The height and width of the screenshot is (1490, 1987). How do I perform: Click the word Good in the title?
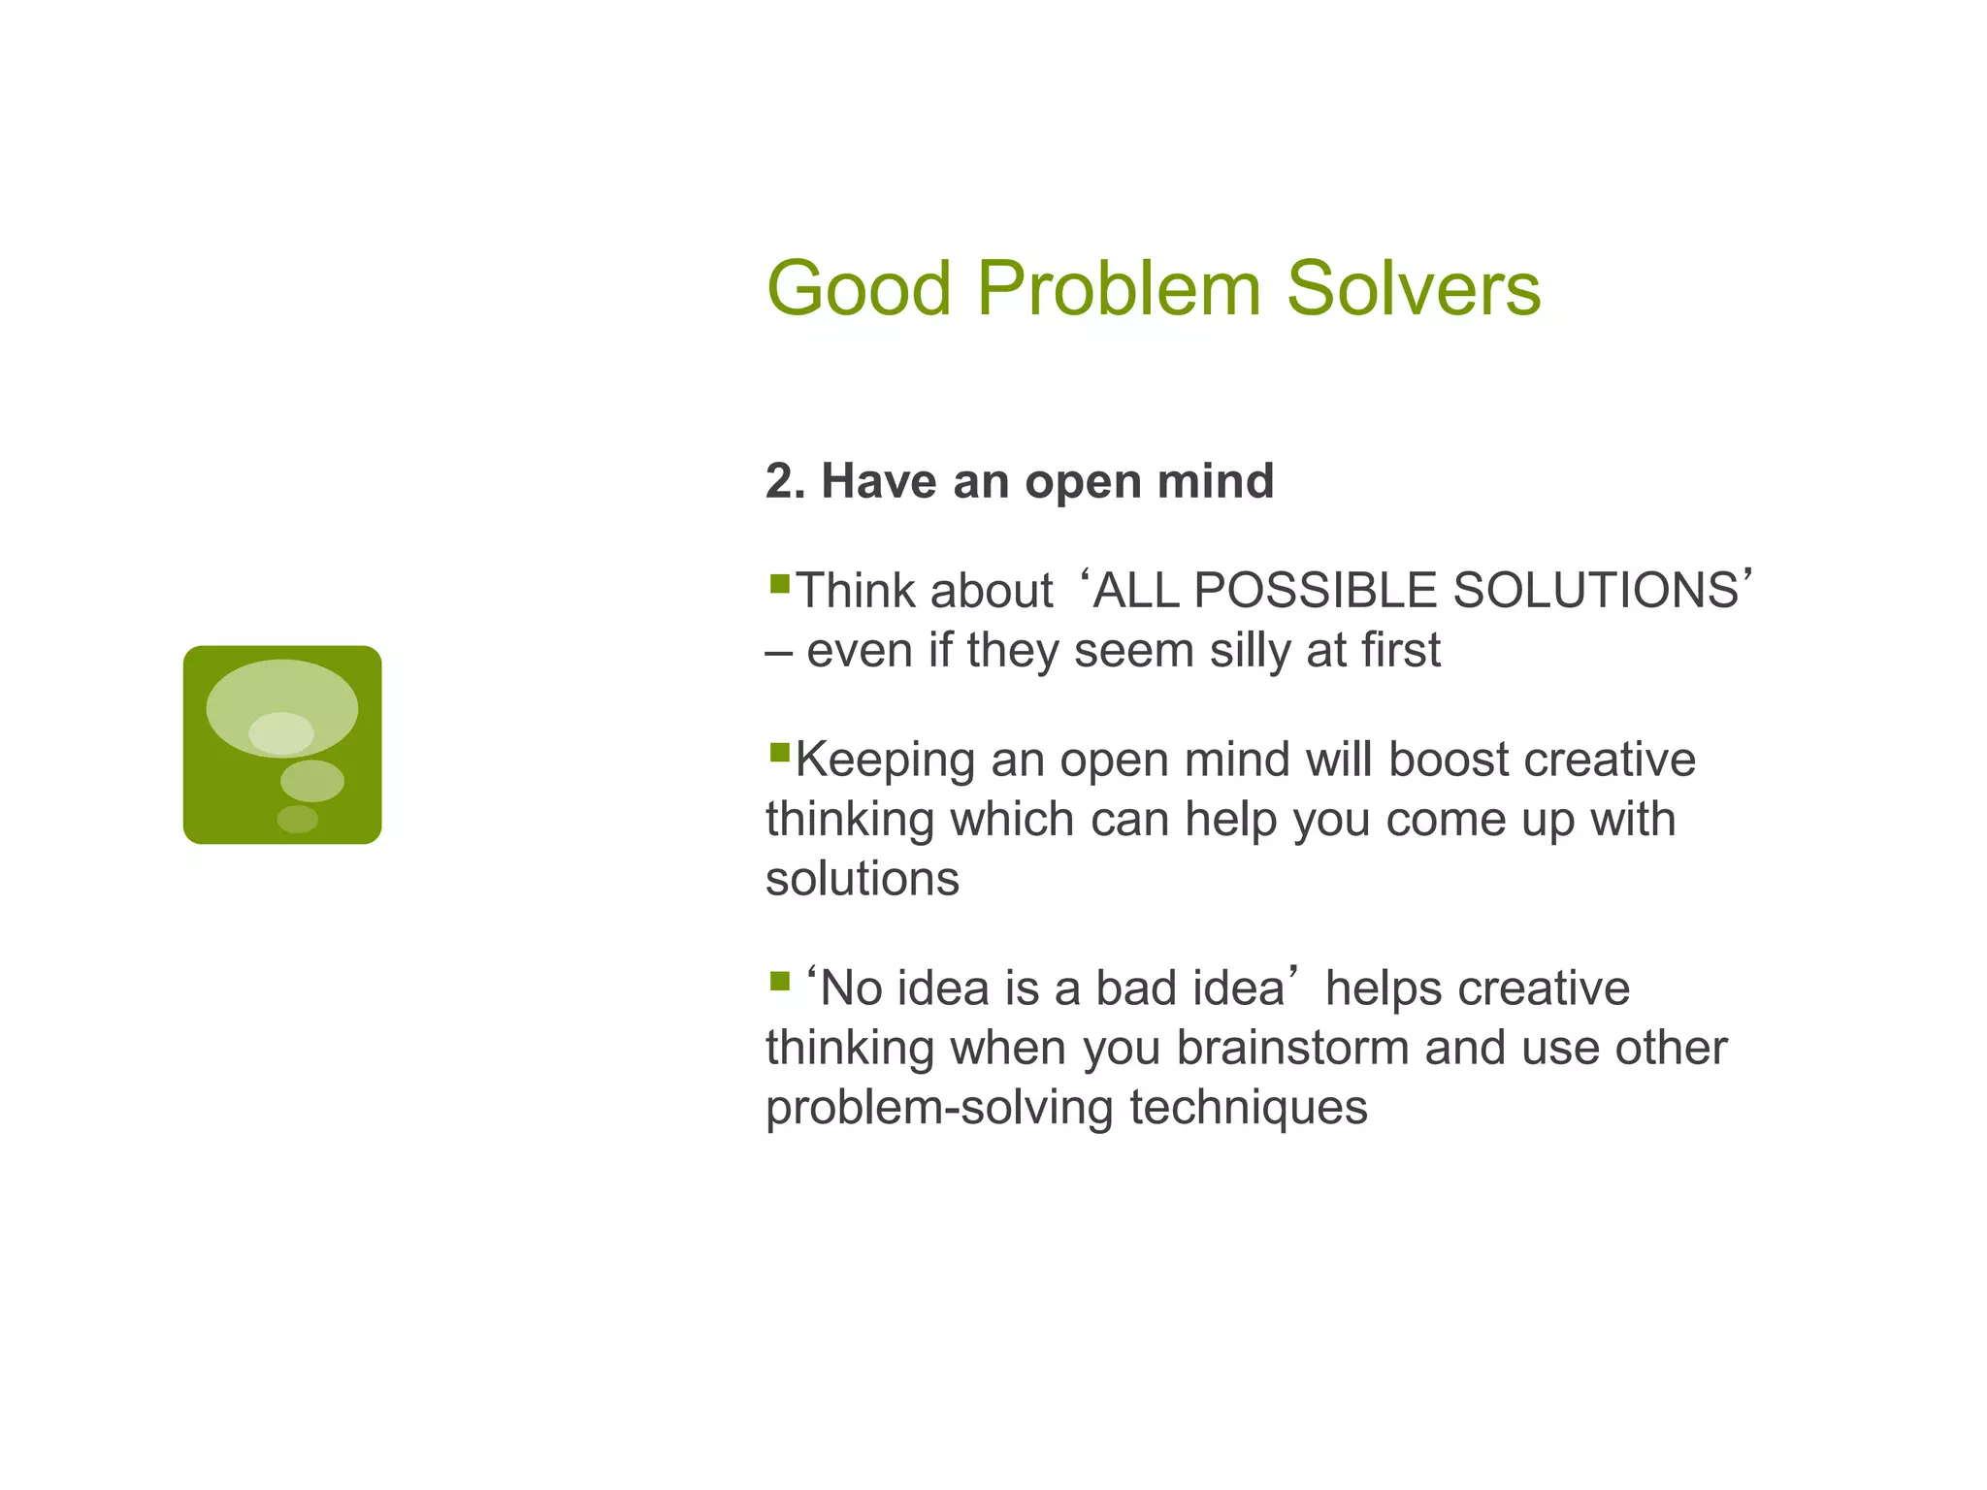(859, 288)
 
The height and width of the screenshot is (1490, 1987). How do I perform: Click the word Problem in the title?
(1119, 288)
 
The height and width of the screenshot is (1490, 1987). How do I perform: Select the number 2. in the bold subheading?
(785, 481)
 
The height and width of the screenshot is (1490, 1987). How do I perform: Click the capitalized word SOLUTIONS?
(1596, 591)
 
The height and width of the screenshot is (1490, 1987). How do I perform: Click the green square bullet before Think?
(779, 584)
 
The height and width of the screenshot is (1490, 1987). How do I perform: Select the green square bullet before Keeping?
(779, 752)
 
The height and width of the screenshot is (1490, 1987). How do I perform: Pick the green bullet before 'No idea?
(779, 982)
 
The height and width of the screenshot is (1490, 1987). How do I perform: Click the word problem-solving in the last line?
(939, 1108)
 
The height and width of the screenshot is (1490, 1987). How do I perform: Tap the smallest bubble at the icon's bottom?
(297, 819)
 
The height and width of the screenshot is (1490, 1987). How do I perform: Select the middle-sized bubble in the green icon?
(311, 780)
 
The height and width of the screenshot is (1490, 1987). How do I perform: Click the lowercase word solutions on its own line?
(862, 879)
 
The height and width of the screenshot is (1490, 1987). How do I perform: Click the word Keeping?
(885, 761)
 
